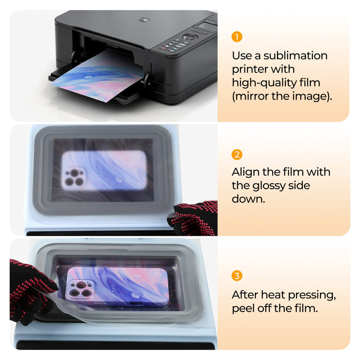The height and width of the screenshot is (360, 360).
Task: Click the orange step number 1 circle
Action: point(237,37)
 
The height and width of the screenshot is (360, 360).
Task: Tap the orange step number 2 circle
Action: point(237,155)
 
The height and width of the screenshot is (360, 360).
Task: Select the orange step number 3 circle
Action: point(237,276)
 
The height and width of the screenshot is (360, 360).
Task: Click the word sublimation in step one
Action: point(295,56)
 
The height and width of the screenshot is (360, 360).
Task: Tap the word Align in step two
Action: point(244,172)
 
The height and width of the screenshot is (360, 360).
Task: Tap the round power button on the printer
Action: point(189,37)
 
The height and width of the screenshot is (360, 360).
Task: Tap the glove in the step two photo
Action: point(193,218)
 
